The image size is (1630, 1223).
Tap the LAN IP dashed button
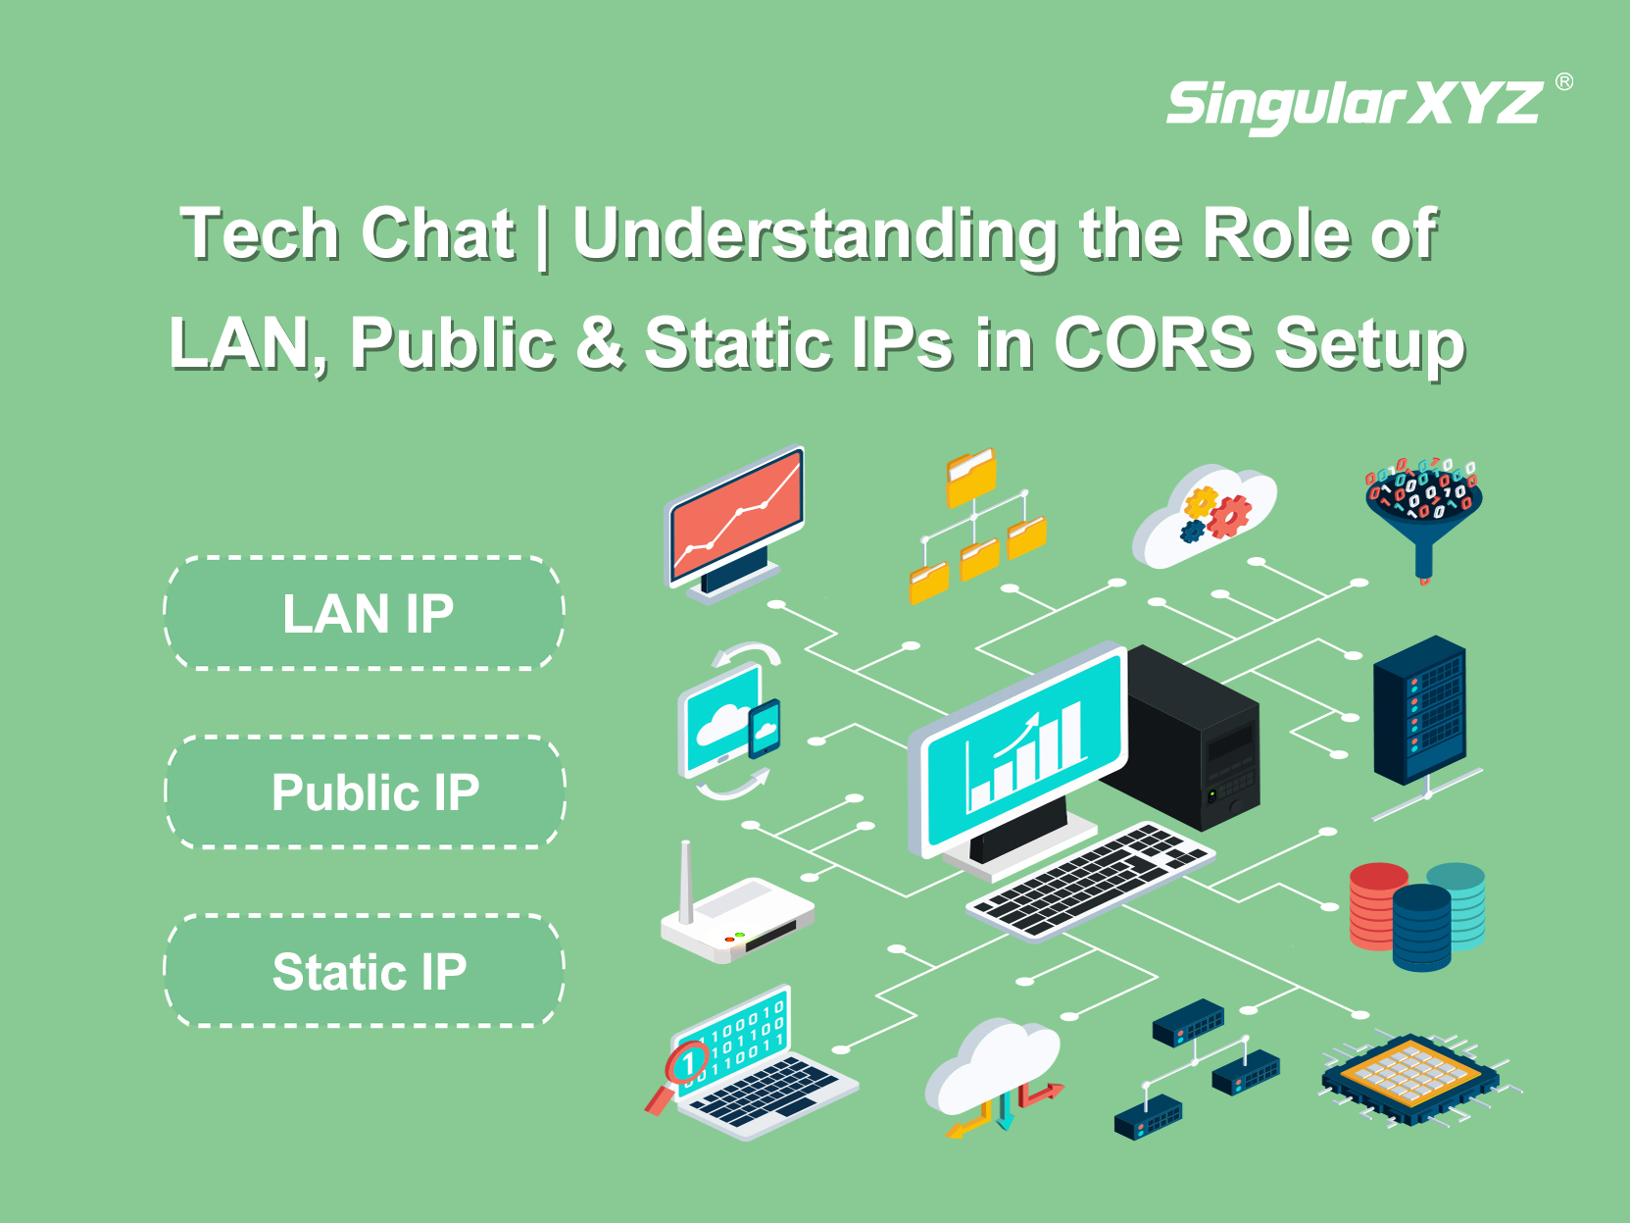(x=364, y=613)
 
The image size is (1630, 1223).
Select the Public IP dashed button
(x=365, y=792)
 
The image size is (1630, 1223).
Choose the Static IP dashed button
(x=364, y=971)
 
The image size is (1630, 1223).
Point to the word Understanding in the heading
(x=815, y=234)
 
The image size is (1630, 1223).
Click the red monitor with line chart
(x=734, y=523)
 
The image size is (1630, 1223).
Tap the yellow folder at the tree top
(x=971, y=477)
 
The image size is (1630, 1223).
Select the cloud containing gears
(x=1204, y=516)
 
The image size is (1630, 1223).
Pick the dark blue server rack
(x=1419, y=710)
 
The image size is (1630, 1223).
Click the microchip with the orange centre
(x=1410, y=1078)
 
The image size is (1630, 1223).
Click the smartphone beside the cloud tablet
(x=765, y=728)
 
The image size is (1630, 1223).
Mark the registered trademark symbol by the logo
(x=1564, y=81)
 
